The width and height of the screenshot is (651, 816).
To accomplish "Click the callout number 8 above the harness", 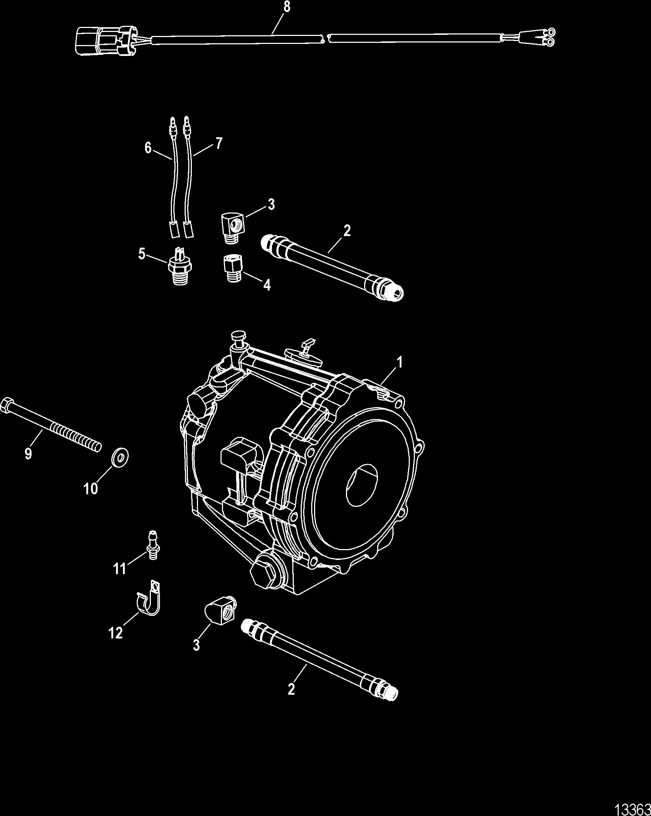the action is point(287,7).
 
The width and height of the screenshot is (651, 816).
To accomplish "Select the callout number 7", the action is point(219,144).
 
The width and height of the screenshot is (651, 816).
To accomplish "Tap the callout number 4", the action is point(267,285).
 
